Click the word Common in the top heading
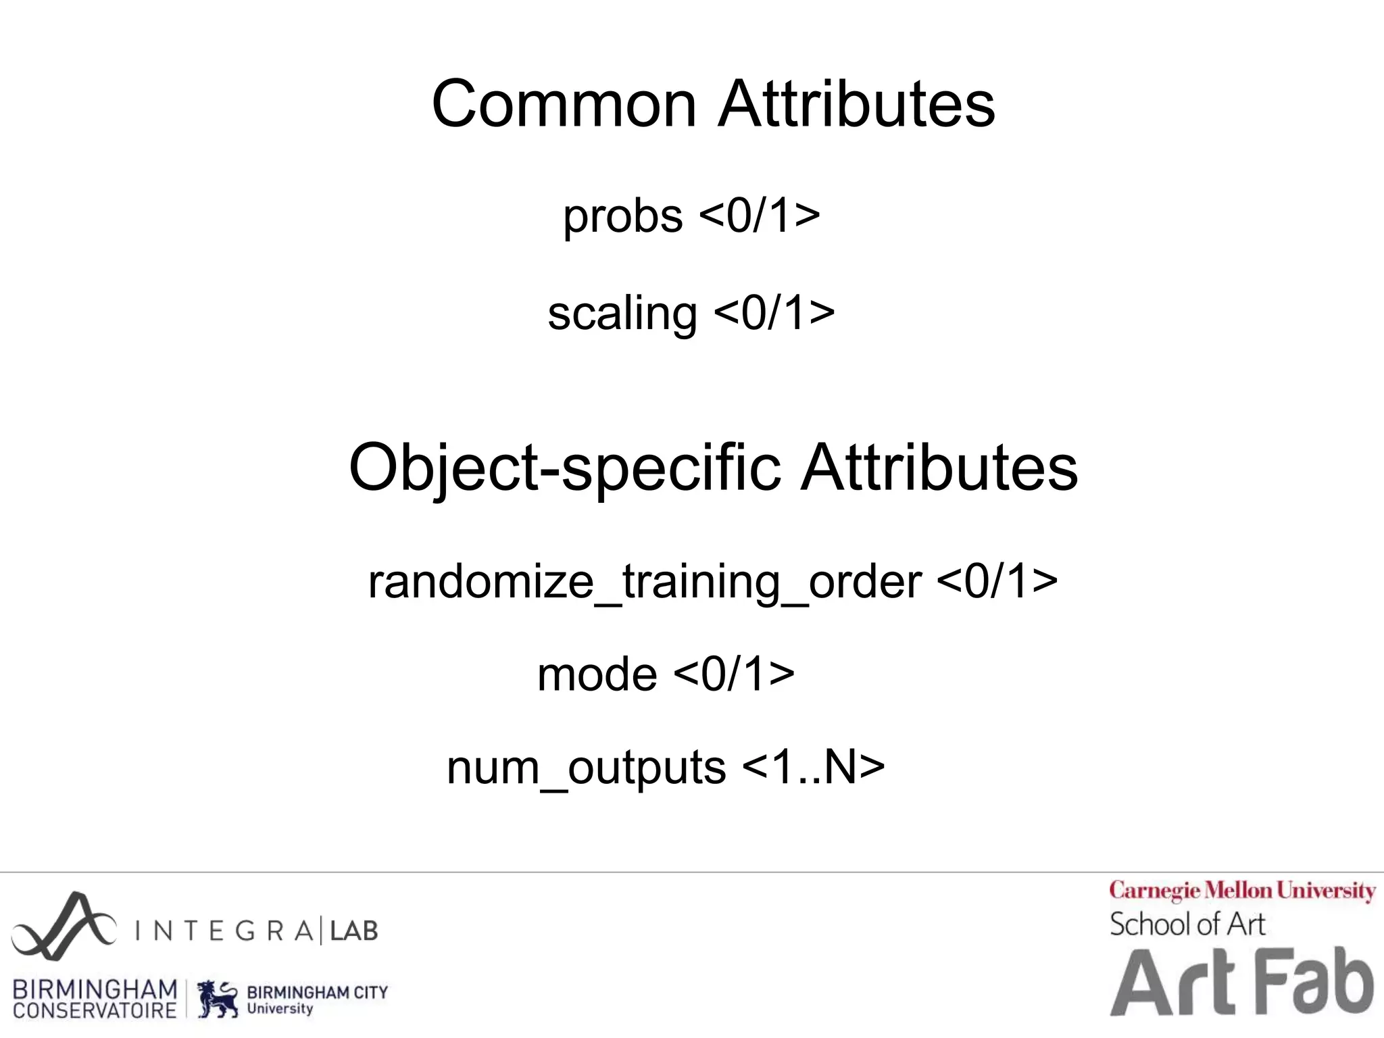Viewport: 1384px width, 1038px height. (564, 104)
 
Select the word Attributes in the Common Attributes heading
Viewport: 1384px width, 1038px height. (856, 104)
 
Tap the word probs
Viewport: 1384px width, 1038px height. (622, 217)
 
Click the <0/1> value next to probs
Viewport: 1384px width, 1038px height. (760, 216)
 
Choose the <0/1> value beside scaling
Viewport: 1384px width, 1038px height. (774, 313)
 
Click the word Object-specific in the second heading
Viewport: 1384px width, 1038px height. (565, 468)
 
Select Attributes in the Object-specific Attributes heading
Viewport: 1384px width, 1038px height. (939, 468)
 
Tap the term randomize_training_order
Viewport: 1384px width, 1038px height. (645, 582)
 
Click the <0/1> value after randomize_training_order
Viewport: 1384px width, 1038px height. (997, 580)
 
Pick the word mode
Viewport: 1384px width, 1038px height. (597, 674)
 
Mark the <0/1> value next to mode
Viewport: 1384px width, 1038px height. (734, 674)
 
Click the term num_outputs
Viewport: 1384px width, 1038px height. (586, 768)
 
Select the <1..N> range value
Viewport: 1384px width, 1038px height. (813, 767)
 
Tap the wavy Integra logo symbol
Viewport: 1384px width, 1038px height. (63, 926)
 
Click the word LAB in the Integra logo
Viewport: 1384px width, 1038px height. (353, 931)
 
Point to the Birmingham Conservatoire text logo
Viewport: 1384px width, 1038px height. (95, 999)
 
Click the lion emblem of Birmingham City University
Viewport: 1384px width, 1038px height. (218, 999)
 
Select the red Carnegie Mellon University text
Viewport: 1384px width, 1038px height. (1242, 891)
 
